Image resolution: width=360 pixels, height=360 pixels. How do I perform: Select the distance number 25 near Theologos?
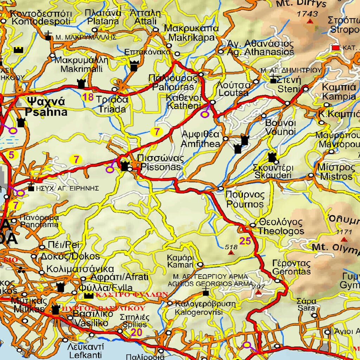[x=245, y=241]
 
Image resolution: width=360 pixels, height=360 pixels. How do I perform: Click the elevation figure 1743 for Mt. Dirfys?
[x=307, y=14]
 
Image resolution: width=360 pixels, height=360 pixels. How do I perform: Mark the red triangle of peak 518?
[x=231, y=252]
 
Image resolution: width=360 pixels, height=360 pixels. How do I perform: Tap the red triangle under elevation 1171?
[x=344, y=239]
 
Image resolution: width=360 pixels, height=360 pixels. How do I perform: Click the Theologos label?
[x=281, y=227]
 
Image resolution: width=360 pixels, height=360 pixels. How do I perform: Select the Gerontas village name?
[x=291, y=268]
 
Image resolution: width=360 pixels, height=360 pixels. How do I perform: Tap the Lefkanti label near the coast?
[x=85, y=351]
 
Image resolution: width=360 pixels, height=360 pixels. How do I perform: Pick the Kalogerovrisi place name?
[x=199, y=308]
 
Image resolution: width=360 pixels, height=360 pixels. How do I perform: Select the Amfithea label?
[x=200, y=139]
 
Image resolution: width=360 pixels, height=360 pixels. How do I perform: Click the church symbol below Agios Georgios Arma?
[x=206, y=292]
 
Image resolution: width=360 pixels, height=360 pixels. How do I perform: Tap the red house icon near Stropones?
[x=336, y=46]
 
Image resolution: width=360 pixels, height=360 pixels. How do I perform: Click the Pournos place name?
[x=245, y=200]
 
